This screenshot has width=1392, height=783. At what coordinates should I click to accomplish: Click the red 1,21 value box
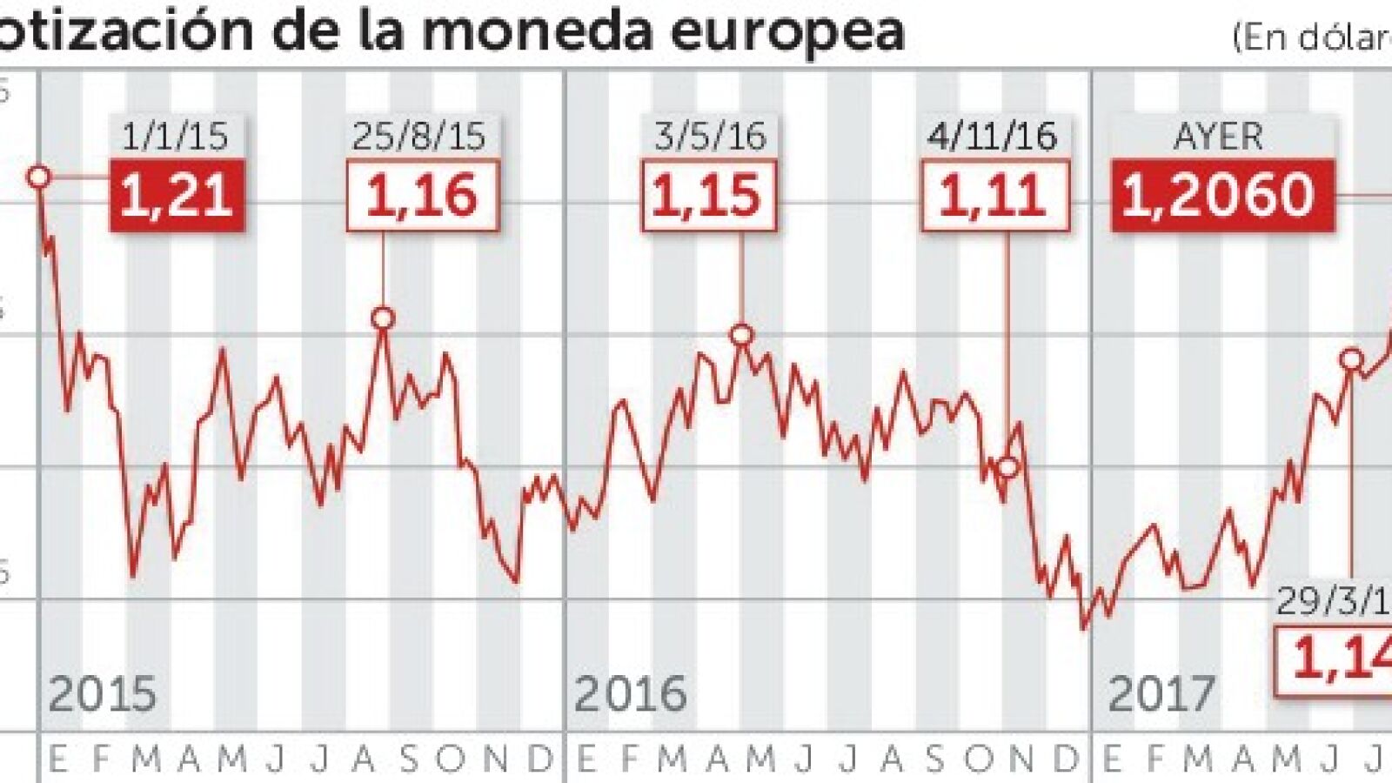[177, 196]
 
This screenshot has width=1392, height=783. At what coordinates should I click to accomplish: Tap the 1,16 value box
[422, 196]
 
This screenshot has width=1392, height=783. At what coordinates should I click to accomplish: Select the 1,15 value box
[708, 196]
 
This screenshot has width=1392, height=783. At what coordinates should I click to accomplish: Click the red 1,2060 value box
[1221, 196]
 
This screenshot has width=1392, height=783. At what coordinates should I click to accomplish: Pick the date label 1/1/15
[176, 137]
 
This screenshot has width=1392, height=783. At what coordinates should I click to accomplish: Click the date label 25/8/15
[419, 137]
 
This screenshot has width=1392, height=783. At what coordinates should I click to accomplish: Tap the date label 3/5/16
[710, 137]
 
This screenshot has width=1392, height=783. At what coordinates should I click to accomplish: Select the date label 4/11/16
[993, 137]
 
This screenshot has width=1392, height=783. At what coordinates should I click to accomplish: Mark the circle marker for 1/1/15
[39, 177]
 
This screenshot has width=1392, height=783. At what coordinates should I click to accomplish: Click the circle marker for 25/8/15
[384, 318]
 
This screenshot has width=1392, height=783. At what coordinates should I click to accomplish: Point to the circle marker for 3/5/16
[741, 334]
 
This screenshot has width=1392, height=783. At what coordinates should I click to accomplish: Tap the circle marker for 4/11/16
[1007, 467]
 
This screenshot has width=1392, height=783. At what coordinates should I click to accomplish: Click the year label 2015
[103, 694]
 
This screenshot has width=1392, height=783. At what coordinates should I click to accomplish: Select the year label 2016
[631, 694]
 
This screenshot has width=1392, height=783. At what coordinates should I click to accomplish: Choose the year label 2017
[1161, 694]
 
